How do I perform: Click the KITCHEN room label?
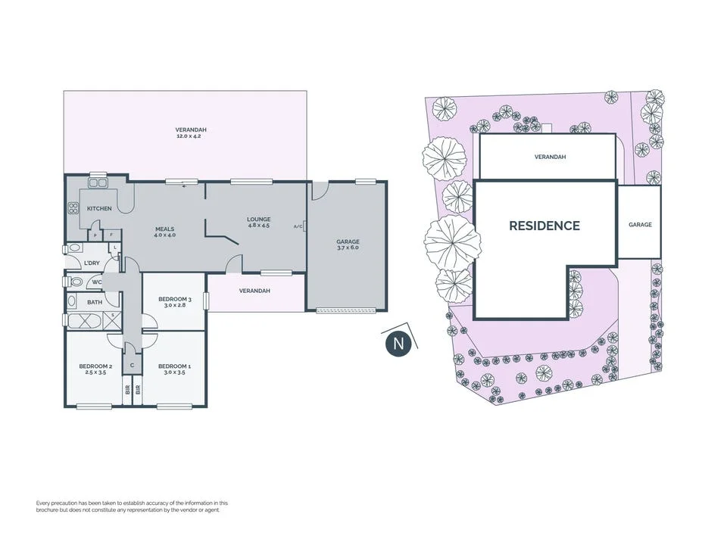pyautogui.click(x=99, y=209)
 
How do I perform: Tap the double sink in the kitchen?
pyautogui.click(x=98, y=183)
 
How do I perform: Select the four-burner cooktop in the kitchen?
pyautogui.click(x=73, y=209)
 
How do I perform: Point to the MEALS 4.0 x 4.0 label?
pyautogui.click(x=164, y=232)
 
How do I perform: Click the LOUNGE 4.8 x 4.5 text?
pyautogui.click(x=259, y=223)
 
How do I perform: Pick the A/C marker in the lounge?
pyautogui.click(x=298, y=226)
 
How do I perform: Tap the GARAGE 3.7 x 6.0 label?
pyautogui.click(x=348, y=244)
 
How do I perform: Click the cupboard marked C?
pyautogui.click(x=132, y=366)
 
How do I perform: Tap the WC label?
pyautogui.click(x=96, y=282)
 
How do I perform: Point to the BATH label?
pyautogui.click(x=95, y=302)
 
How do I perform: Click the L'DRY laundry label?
pyautogui.click(x=92, y=263)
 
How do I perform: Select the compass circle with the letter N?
pyautogui.click(x=398, y=344)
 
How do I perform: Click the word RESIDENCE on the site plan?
pyautogui.click(x=544, y=226)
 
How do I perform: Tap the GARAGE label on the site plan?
pyautogui.click(x=641, y=224)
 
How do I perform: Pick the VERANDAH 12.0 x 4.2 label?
pyautogui.click(x=191, y=133)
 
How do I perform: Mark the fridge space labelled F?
pyautogui.click(x=112, y=235)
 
